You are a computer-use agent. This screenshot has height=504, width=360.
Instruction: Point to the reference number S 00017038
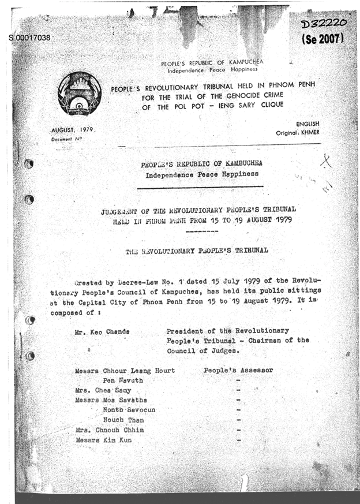coord(29,38)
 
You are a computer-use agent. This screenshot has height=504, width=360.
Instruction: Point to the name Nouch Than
coord(123,420)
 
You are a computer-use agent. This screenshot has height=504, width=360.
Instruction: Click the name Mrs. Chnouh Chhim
coord(109,430)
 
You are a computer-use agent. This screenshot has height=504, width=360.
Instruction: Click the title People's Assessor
coord(238,370)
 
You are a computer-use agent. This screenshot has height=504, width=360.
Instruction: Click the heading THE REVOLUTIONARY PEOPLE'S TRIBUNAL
coord(196,252)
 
